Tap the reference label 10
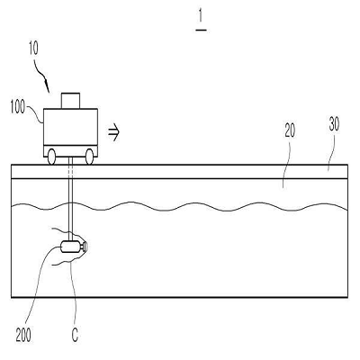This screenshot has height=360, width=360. point(33,49)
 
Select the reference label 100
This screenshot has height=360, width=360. point(17,107)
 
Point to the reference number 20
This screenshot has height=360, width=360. point(290,130)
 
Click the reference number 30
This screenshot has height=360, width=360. point(334,124)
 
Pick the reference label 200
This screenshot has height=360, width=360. point(23,335)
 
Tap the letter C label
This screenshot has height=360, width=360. point(75,335)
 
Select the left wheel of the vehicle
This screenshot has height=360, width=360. point(51,157)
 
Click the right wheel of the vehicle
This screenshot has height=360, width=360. point(89,157)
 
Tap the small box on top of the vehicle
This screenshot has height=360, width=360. point(70,101)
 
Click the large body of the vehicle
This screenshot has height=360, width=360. point(70,127)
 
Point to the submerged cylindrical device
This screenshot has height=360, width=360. point(71,247)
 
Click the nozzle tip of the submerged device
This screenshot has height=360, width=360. point(85,247)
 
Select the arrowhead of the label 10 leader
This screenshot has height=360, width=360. point(48,87)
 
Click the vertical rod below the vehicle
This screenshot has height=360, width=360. point(71,199)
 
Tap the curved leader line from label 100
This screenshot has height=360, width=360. point(34,114)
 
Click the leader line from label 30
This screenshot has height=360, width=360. point(330,151)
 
